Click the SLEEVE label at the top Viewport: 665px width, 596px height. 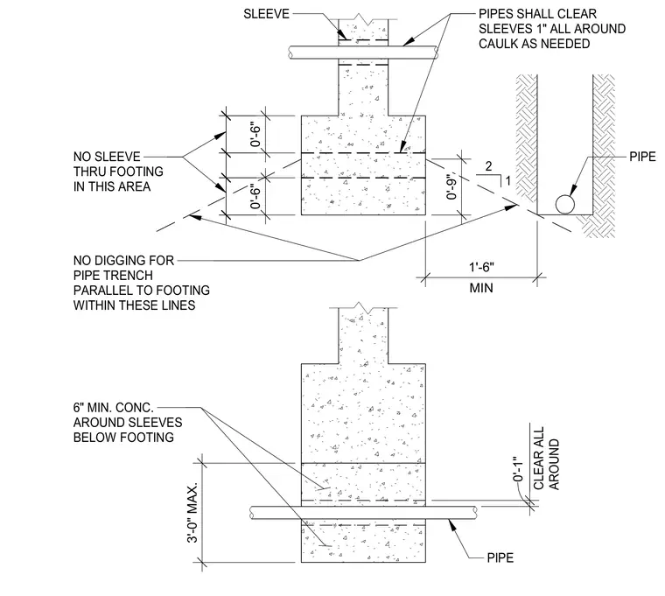point(266,14)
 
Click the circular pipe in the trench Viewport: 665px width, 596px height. point(565,205)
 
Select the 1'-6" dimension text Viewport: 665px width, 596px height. point(481,267)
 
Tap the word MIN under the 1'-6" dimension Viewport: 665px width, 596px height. point(481,289)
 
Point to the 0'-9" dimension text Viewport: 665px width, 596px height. point(452,185)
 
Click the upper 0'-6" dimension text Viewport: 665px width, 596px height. point(255,135)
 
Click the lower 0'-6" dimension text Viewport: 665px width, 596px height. point(255,196)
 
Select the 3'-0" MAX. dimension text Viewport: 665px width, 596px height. point(193,513)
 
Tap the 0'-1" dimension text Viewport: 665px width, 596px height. point(518,469)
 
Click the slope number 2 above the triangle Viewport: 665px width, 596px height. point(488,166)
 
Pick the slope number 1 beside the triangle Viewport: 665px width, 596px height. point(508,181)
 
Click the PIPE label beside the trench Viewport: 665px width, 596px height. point(642,157)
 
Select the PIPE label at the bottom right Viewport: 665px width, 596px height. point(500,557)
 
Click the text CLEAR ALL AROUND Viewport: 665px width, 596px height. point(546,458)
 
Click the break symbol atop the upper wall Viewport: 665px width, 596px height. point(363,18)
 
